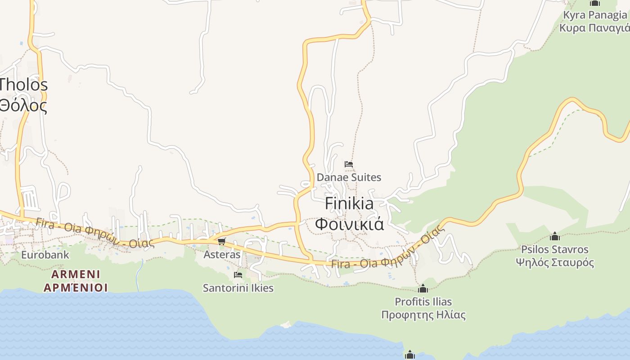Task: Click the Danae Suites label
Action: [349, 177]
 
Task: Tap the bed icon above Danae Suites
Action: [349, 164]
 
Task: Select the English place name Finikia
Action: [349, 203]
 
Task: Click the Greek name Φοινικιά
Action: [349, 223]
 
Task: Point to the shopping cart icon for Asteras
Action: [221, 242]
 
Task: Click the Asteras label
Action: [222, 254]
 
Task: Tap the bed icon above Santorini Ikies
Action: [238, 274]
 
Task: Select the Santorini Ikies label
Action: [238, 288]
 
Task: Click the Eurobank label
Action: [45, 255]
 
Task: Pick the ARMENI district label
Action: [76, 274]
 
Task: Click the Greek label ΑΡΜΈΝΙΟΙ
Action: [76, 288]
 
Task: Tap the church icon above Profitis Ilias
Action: [423, 288]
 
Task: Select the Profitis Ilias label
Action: [423, 301]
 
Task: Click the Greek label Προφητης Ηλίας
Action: [423, 315]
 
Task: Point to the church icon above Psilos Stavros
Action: [555, 236]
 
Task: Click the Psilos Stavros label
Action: [555, 249]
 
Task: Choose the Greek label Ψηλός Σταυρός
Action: [555, 262]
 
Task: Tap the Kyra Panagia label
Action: [595, 15]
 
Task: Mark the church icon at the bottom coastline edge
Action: [409, 355]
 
